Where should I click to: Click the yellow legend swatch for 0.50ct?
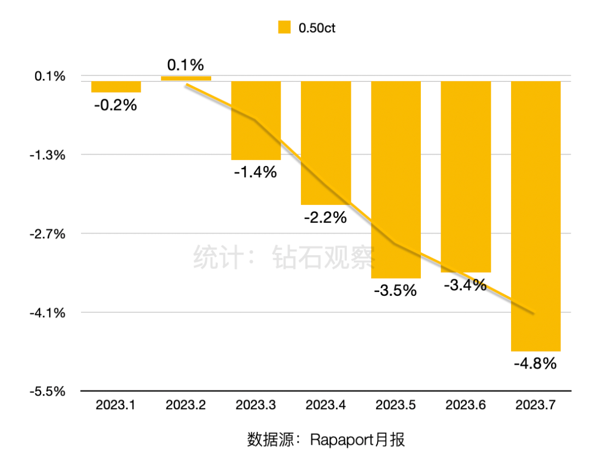[x=284, y=27]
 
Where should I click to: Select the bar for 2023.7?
[x=535, y=216]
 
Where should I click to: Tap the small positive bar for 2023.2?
[x=186, y=78]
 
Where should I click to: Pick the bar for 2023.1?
[x=116, y=87]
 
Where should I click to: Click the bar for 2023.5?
[x=396, y=180]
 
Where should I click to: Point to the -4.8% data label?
[x=535, y=363]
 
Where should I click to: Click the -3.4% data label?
[x=465, y=285]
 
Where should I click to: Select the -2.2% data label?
[x=326, y=217]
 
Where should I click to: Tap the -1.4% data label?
[x=256, y=173]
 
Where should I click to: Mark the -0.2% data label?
[x=115, y=105]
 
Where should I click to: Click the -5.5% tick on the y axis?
[x=50, y=392]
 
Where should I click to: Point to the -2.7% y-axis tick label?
[x=50, y=234]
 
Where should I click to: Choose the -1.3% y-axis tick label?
[x=50, y=155]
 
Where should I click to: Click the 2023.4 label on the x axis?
[x=326, y=406]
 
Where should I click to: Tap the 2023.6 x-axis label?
[x=465, y=406]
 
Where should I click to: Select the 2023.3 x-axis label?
[x=256, y=406]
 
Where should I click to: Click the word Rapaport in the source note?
[x=340, y=439]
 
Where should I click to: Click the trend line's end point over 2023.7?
[x=533, y=313]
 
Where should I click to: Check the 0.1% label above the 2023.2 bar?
[x=186, y=65]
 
